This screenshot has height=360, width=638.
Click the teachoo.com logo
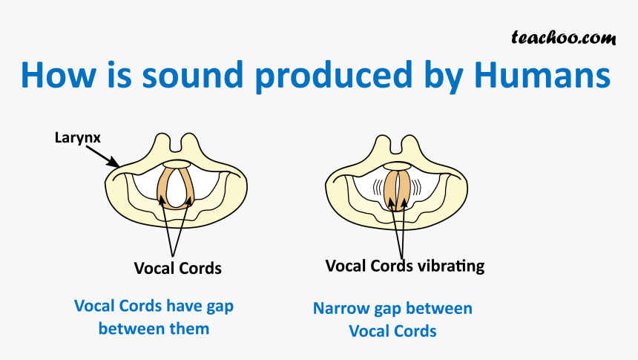coord(564,38)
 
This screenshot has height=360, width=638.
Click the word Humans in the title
coord(542,75)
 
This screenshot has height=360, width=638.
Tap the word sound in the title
coord(192,75)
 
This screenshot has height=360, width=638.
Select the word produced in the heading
coord(334,77)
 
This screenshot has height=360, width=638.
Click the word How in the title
coord(59,75)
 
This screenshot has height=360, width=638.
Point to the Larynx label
coord(77,138)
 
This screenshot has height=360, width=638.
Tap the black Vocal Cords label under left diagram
coord(178,269)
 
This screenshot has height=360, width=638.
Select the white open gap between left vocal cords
coord(175,188)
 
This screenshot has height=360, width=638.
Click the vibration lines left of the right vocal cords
coord(378,187)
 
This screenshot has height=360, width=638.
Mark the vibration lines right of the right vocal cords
coord(415,187)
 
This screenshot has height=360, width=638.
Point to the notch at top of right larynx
coord(396,145)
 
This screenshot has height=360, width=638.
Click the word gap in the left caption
coord(220,307)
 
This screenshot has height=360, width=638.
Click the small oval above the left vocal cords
coord(177,164)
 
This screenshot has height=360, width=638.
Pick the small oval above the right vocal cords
coord(397,166)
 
